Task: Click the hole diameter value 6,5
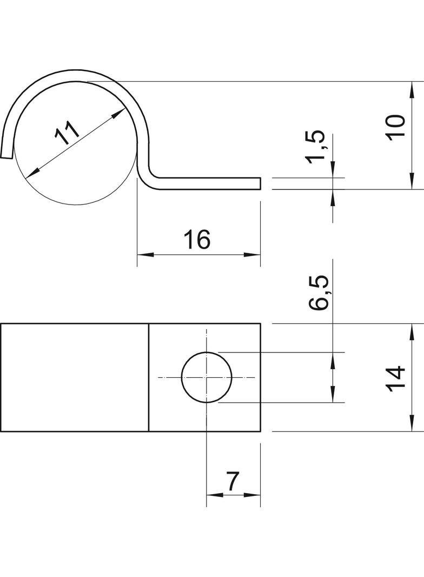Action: [x=319, y=293]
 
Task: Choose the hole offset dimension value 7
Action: [x=233, y=481]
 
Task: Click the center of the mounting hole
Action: [x=207, y=377]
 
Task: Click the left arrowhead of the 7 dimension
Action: [x=211, y=494]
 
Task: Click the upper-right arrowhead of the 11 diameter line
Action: [x=121, y=112]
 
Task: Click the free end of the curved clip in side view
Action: [x=6, y=156]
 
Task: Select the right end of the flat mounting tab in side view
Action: [x=260, y=183]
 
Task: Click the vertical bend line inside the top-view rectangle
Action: [x=149, y=377]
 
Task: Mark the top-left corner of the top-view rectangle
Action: [x=1, y=324]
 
